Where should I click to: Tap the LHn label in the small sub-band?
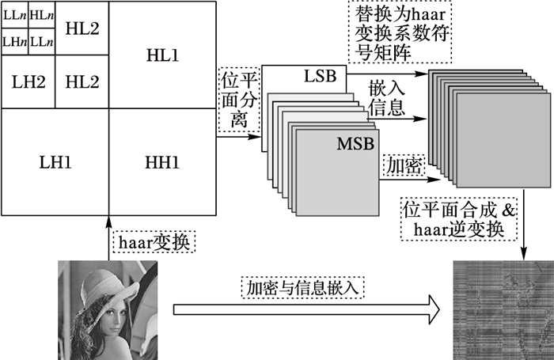pos(14,40)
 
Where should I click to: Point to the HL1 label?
pos(162,55)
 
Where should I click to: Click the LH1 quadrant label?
pos(55,162)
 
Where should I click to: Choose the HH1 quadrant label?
pos(162,162)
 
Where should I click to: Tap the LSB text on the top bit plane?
pos(320,77)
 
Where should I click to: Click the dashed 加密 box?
pos(400,165)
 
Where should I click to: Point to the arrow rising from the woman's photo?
pos(107,237)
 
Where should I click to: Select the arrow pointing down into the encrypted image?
pos(524,237)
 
